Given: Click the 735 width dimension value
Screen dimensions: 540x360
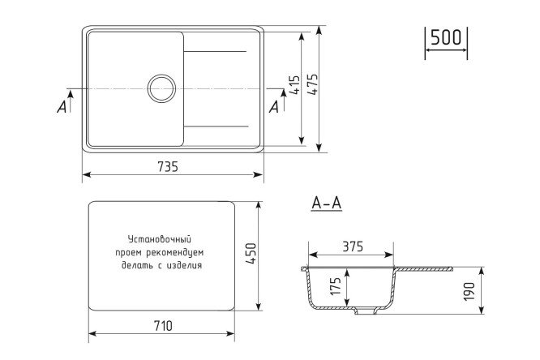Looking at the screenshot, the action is [x=168, y=166].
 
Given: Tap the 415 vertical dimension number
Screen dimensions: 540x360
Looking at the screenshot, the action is [x=295, y=85].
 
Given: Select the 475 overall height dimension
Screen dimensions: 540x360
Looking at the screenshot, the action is [x=313, y=85].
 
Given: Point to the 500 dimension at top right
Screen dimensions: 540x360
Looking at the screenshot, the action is [x=446, y=37].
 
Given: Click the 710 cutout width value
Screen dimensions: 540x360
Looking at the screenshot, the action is [x=162, y=326].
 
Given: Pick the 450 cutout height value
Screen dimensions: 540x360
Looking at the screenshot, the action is [x=251, y=254].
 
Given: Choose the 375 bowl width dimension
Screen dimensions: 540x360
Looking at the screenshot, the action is [x=353, y=246].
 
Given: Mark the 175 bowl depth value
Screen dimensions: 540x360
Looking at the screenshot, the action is [x=336, y=286].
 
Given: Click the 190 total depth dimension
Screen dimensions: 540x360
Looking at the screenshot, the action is [x=469, y=291].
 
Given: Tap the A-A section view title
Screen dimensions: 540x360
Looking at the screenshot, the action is [x=326, y=203].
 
